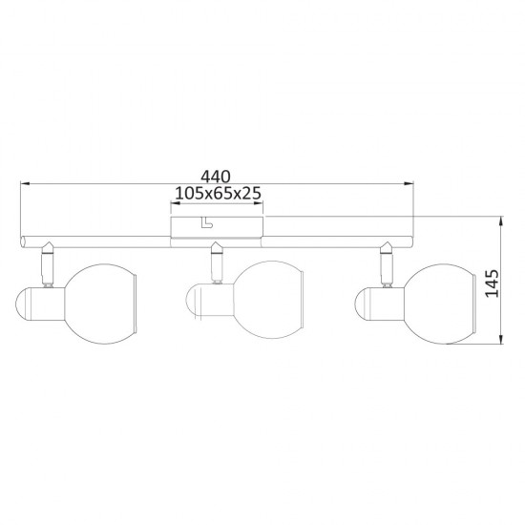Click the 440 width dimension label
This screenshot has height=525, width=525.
pos(216,177)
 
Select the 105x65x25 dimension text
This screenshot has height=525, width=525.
pos(218,193)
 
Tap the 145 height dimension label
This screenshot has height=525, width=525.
pos(492,283)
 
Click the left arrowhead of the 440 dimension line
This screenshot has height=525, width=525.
pos(26,183)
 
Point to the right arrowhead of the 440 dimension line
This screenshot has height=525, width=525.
pos(409,183)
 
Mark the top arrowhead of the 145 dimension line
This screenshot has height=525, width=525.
pos(501,221)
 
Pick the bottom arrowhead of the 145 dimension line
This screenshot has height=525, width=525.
pos(501,339)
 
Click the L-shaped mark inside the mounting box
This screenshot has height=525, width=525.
pos(206,222)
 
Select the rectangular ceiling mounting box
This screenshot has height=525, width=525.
pos(217,227)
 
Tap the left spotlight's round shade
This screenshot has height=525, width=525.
pos(100,304)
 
